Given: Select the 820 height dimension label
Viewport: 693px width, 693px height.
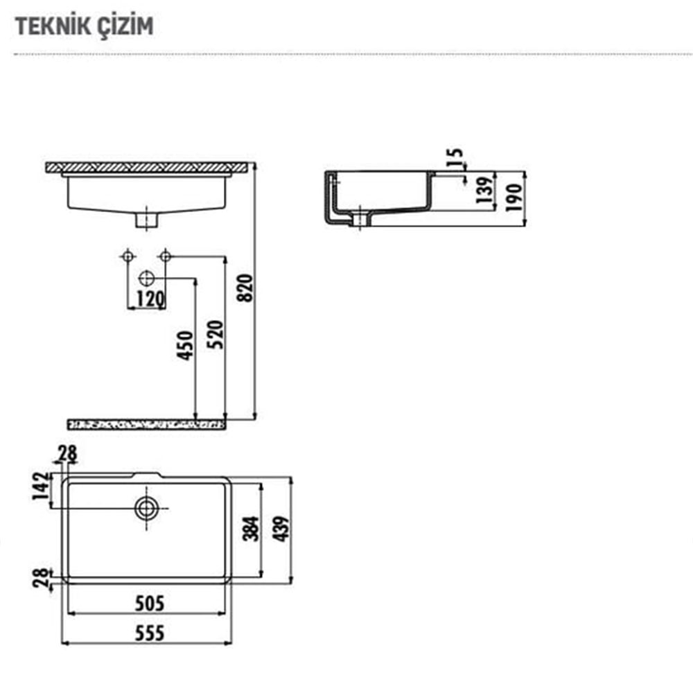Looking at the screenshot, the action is tap(245, 288).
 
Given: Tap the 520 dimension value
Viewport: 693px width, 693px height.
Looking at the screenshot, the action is tap(216, 335).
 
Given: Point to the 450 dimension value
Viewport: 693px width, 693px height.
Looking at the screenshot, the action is tap(186, 345).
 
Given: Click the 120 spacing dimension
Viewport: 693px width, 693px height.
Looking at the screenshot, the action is tap(150, 299).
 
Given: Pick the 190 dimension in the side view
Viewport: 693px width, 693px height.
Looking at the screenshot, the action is tap(514, 198).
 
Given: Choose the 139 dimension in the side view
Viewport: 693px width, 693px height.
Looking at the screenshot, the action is tap(484, 190).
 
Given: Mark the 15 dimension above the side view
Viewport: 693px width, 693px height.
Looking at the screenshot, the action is tap(455, 158).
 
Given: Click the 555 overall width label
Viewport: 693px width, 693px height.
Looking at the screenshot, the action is tap(150, 633).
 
